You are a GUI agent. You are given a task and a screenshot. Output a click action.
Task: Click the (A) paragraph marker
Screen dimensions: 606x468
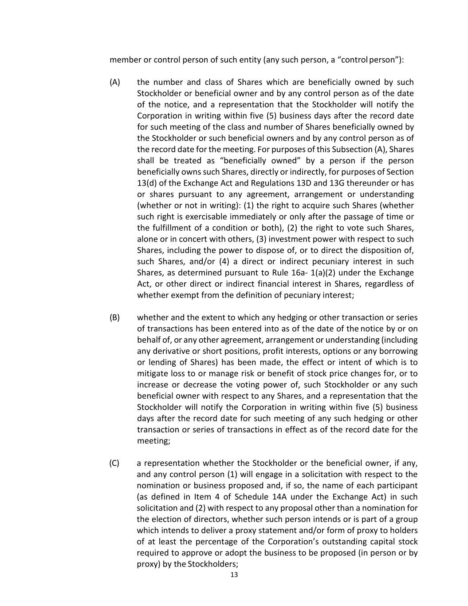(x=115, y=82)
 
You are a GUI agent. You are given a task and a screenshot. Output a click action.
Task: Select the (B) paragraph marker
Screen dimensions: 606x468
(x=115, y=317)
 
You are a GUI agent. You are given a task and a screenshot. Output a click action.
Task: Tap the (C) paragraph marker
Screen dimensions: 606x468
(x=114, y=463)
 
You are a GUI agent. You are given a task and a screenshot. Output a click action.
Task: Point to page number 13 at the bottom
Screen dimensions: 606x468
(x=234, y=575)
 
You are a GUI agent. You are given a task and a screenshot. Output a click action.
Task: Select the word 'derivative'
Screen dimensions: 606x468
(x=173, y=351)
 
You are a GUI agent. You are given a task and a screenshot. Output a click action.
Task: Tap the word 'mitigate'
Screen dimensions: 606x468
(x=152, y=374)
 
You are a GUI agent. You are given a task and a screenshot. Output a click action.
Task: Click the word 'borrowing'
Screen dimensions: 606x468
(x=398, y=351)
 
